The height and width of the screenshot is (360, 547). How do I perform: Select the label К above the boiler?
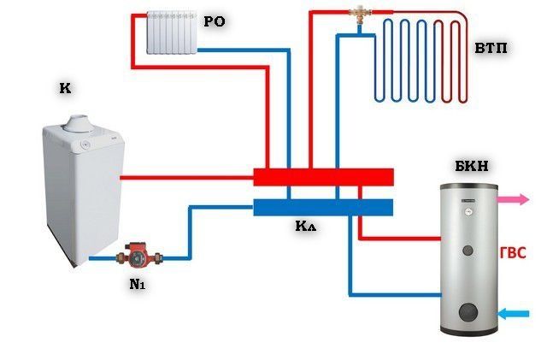66,88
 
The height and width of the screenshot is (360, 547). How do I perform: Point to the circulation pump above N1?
137,254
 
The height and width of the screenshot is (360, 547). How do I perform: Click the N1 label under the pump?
138,285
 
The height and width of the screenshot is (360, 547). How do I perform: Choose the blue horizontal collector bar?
323,208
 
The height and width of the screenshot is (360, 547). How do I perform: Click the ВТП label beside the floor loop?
491,49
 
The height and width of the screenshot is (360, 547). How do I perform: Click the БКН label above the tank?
472,167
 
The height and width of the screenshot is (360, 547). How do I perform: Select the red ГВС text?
512,254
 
